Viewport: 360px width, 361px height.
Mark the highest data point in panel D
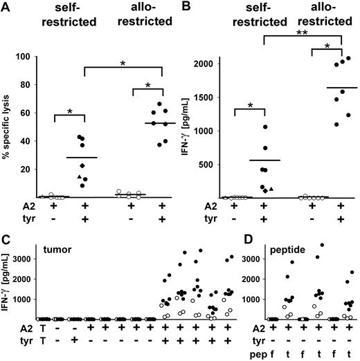[x=321, y=245]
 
